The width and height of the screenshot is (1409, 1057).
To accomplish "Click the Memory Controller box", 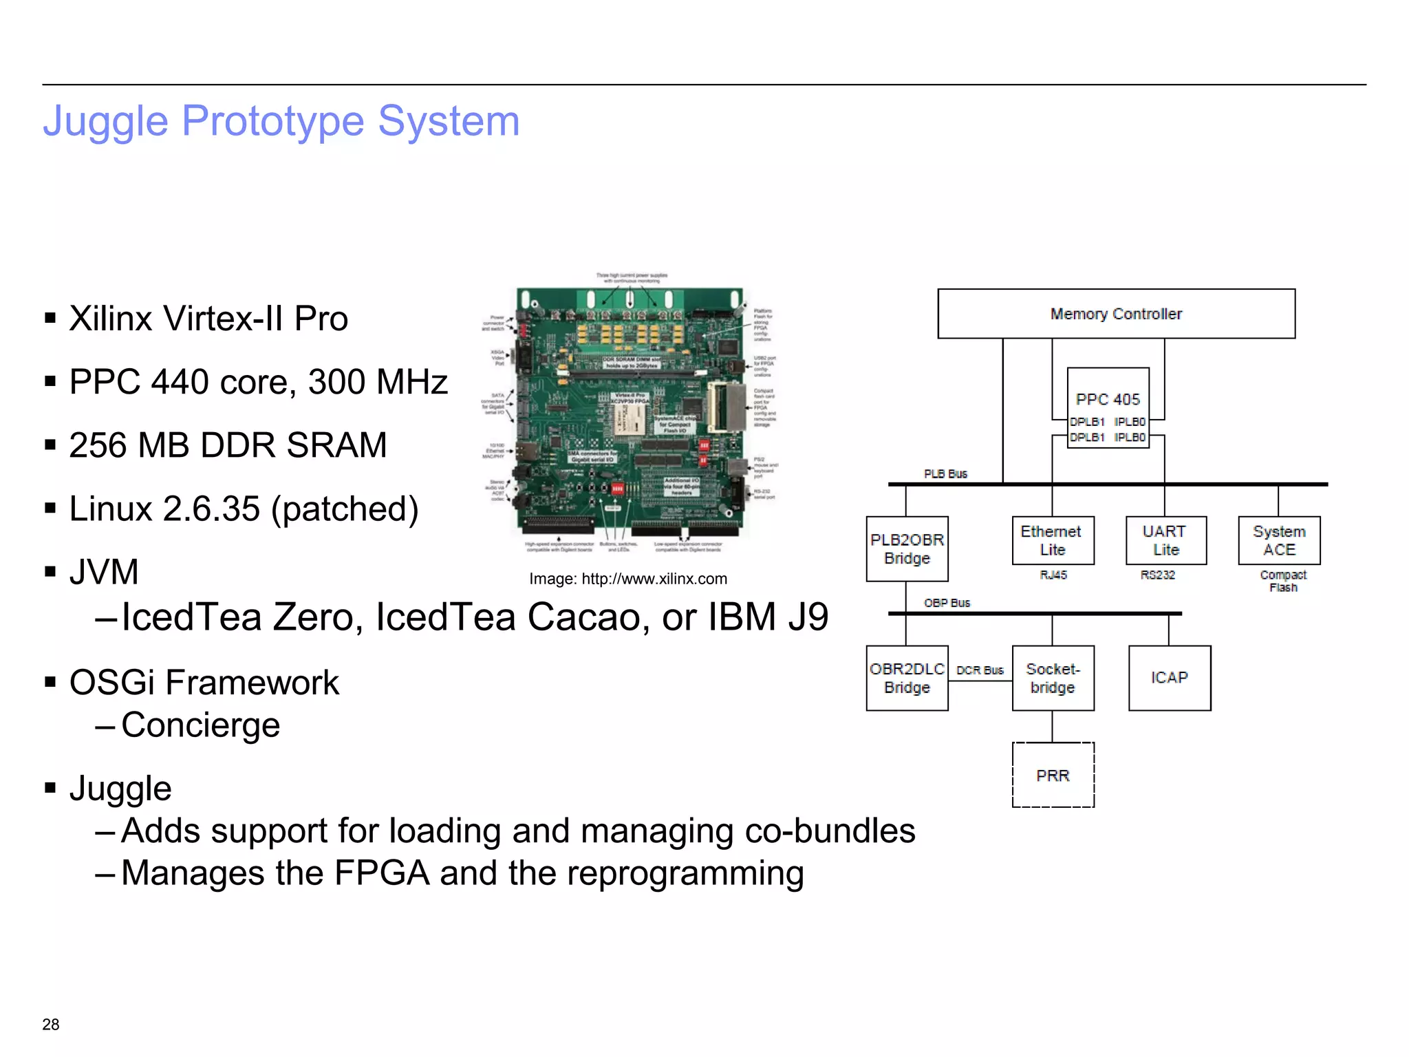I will pos(1116,314).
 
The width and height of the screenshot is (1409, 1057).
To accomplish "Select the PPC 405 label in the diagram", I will pos(1108,399).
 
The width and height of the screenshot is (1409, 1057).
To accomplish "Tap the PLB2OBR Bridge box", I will pos(907,549).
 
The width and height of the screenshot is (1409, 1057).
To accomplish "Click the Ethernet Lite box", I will pos(1052,541).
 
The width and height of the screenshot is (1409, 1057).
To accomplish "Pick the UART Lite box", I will pos(1165,541).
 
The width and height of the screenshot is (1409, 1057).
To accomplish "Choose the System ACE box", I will pos(1279,541).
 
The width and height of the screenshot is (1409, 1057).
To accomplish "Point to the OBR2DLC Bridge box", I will pos(907,678).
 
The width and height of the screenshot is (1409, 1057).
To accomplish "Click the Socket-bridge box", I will pos(1053,678).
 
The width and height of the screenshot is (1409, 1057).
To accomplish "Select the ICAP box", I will pos(1170,678).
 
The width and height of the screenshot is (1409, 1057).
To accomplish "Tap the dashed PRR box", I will pos(1053,776).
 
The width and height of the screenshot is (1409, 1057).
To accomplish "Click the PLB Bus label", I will pos(945,474).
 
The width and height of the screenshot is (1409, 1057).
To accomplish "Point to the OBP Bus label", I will pos(947,603).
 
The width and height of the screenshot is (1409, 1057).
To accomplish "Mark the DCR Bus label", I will pos(980,670).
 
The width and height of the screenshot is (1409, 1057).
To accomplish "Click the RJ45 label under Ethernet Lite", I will pos(1053,575).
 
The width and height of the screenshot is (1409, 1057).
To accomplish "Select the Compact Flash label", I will pos(1283,581).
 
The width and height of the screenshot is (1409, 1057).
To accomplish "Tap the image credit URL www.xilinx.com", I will pos(654,579).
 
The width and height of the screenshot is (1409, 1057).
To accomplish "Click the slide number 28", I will pos(51,1025).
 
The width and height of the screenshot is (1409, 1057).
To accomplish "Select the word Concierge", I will pos(200,725).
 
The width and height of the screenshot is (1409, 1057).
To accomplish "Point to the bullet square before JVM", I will pos(50,572).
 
